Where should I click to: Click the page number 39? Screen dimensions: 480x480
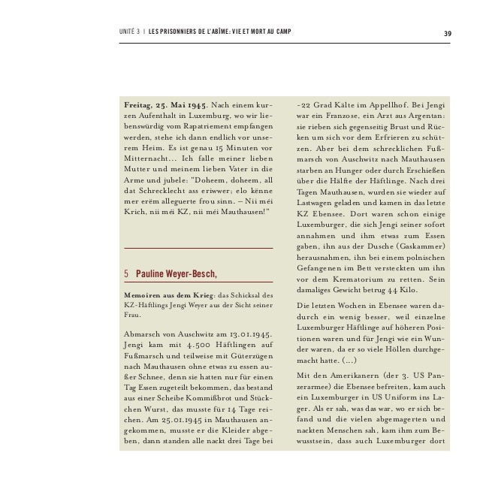click(x=447, y=32)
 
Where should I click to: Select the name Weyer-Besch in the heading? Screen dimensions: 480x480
click(x=191, y=272)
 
